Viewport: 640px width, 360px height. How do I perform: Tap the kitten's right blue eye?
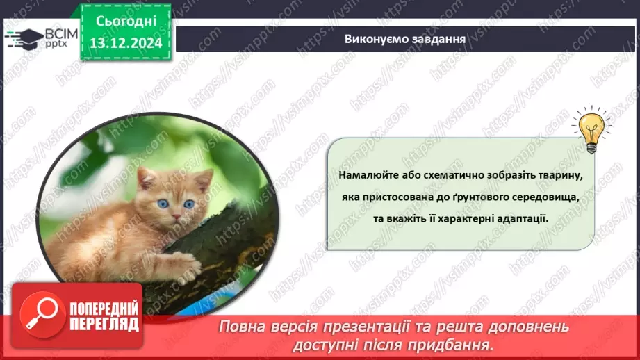pos(189,204)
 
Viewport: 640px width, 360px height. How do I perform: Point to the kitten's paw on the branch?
pos(182,262)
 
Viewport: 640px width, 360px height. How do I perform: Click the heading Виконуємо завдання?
pos(404,38)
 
